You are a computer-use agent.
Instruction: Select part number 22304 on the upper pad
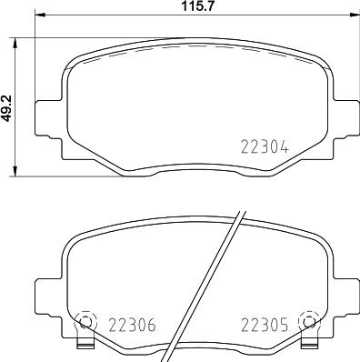264,144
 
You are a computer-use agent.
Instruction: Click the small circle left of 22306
85,321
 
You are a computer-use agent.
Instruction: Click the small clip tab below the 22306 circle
85,344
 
